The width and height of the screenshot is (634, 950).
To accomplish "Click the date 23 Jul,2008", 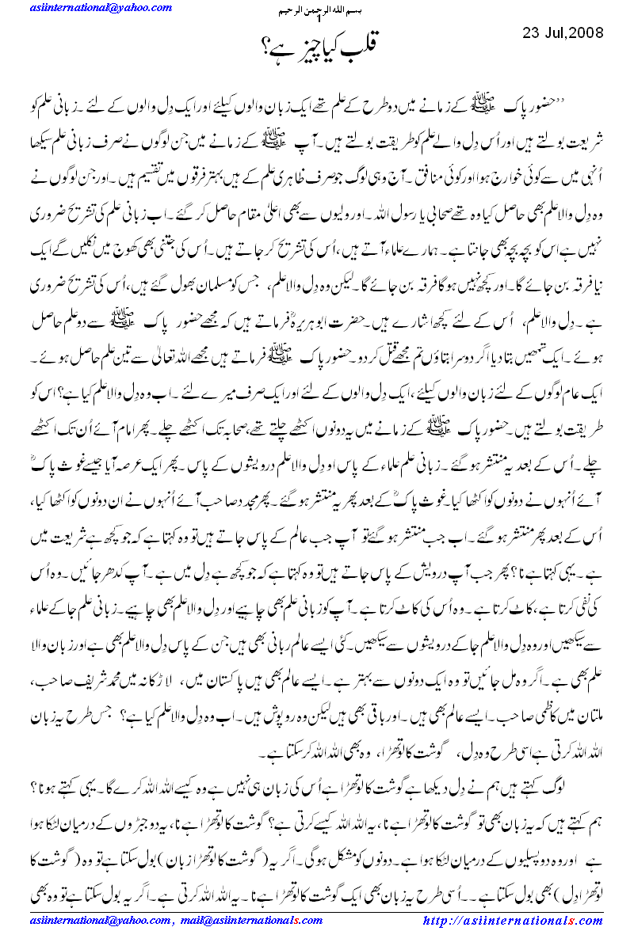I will click(x=563, y=33).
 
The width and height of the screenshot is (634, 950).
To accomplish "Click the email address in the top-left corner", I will click(x=90, y=9).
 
